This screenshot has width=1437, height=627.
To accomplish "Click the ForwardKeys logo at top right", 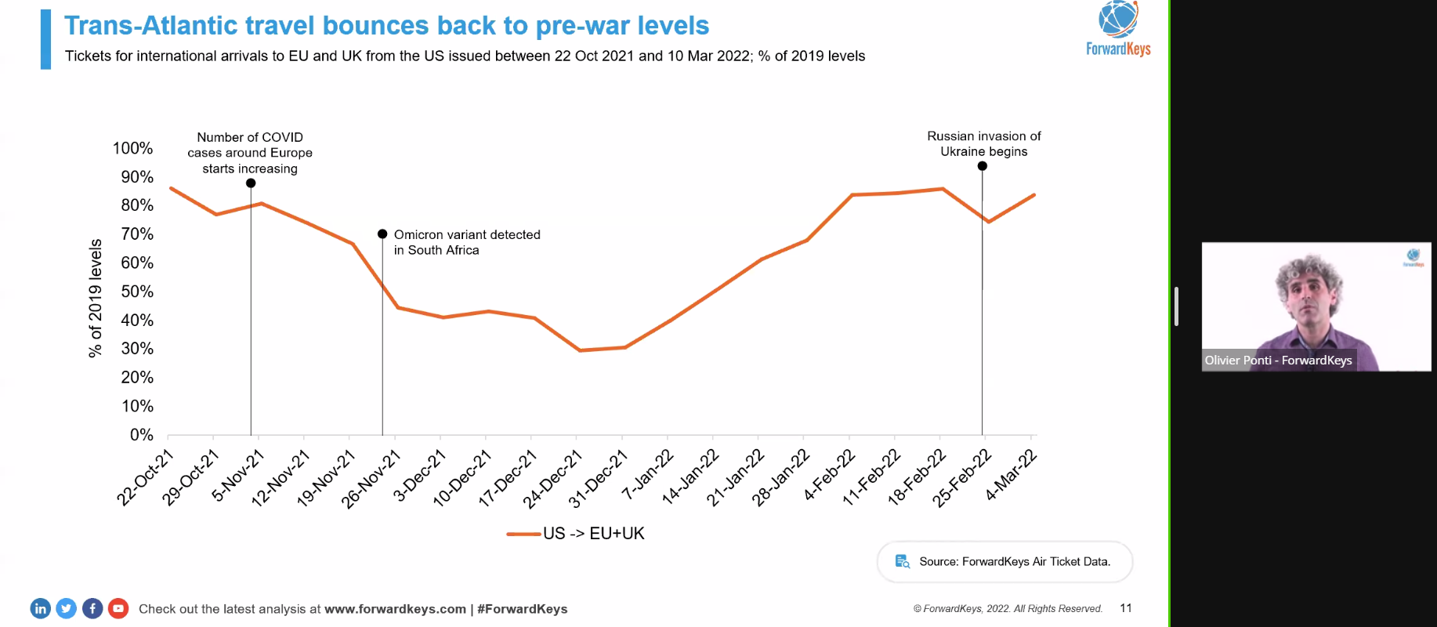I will click(x=1118, y=29).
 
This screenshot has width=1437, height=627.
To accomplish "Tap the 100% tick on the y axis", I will click(x=132, y=148).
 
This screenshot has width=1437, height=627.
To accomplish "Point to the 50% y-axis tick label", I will click(x=137, y=292).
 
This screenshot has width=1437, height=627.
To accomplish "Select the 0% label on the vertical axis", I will click(x=141, y=435).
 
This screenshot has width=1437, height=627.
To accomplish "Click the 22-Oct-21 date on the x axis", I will click(x=145, y=477).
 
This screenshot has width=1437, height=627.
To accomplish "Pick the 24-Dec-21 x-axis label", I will click(x=553, y=478).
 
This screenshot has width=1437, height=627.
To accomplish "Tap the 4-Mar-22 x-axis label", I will click(x=1012, y=475).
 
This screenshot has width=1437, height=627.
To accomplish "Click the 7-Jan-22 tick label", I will click(x=647, y=475).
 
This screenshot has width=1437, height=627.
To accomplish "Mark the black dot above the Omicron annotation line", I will click(x=382, y=234).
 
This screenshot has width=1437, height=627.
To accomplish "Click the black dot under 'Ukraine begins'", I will click(x=982, y=166).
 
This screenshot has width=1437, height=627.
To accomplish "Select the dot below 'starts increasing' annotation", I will click(x=251, y=183).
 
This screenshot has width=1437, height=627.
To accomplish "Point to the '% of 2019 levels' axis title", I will click(x=96, y=298).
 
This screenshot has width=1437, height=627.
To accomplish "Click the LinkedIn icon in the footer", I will click(x=40, y=608).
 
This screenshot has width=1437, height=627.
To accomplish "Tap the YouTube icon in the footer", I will click(x=118, y=608).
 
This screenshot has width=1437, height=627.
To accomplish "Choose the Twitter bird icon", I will click(x=67, y=608).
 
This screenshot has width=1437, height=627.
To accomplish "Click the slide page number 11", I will click(x=1126, y=608).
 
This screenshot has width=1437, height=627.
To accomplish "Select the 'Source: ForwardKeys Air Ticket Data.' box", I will click(x=1004, y=561).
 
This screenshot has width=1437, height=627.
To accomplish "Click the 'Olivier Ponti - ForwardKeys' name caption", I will click(x=1278, y=361).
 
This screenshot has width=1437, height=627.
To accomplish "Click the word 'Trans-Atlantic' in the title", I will click(x=150, y=26).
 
